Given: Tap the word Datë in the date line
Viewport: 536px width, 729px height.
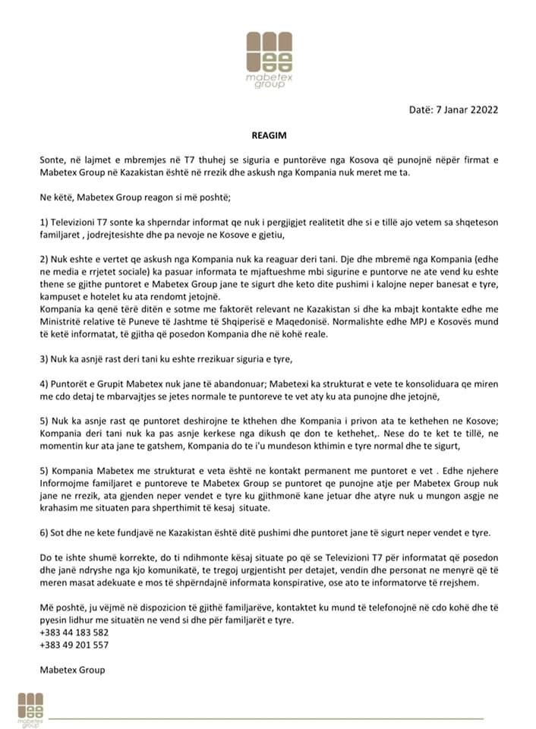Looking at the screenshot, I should (421, 109).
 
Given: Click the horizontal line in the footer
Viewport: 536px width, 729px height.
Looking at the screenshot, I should (266, 718).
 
